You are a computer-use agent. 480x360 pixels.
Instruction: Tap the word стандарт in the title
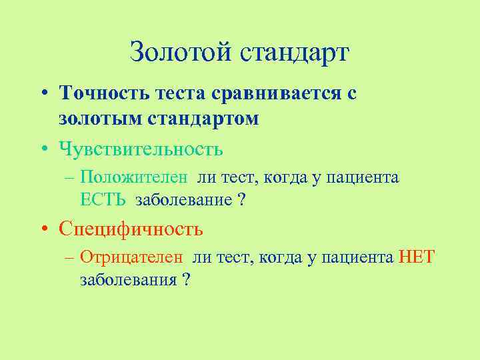tap(293, 52)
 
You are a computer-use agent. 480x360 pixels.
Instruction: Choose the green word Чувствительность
tap(141, 147)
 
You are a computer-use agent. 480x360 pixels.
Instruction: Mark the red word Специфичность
tap(131, 229)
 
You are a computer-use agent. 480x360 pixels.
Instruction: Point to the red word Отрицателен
tap(133, 258)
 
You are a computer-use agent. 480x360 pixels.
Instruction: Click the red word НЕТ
tap(417, 258)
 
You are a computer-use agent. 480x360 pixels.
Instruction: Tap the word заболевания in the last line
tap(127, 279)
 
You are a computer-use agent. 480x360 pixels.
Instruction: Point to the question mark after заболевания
tap(186, 279)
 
